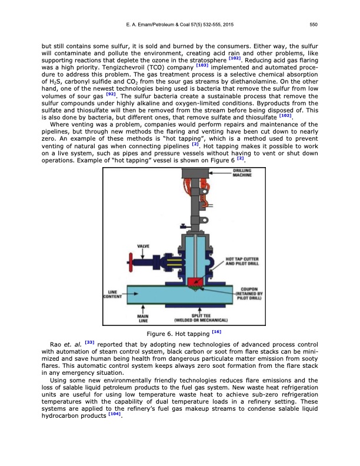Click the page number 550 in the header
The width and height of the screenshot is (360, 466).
[x=314, y=25]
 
